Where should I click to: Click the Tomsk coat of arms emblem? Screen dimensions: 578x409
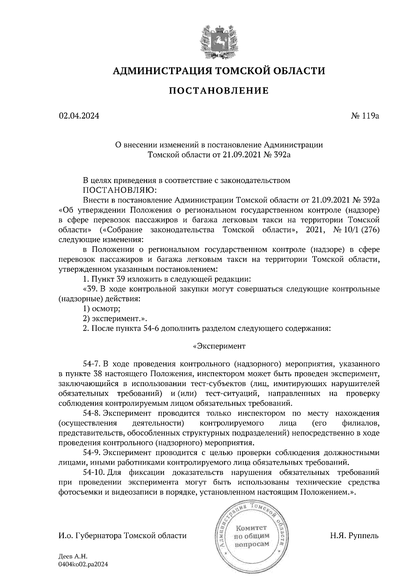click(218, 40)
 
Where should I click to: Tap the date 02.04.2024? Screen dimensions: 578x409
click(79, 116)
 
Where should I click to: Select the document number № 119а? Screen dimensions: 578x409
click(364, 116)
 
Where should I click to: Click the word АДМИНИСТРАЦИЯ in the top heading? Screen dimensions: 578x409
click(159, 71)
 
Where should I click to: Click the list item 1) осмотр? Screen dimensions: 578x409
click(102, 309)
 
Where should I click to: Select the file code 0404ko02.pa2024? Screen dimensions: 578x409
click(83, 564)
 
